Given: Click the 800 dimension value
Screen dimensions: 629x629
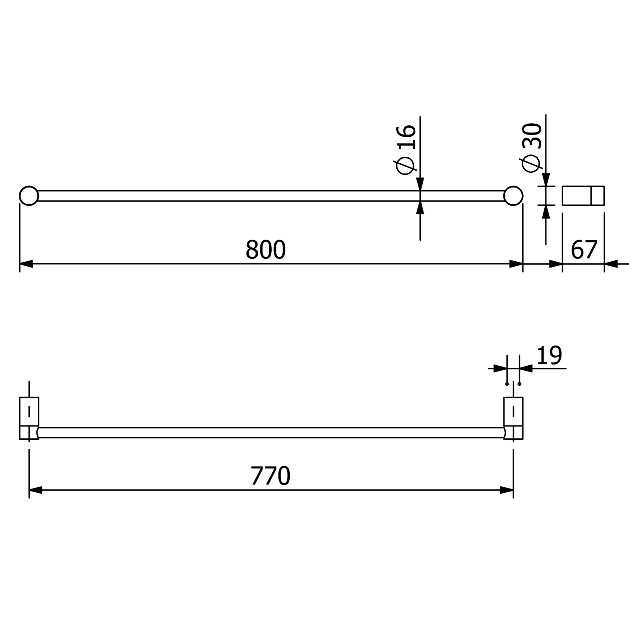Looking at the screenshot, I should (265, 250).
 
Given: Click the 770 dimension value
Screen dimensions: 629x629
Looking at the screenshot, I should (270, 476).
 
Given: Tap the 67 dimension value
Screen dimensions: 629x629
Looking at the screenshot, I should (584, 250).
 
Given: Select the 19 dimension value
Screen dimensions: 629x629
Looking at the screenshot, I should (549, 356).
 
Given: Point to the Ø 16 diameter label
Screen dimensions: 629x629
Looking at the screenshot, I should (405, 149).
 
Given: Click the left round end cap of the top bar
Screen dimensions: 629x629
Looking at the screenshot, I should (29, 196).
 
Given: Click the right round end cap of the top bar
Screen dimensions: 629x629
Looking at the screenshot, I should (513, 196).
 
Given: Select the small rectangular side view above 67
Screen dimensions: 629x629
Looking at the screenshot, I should (583, 195).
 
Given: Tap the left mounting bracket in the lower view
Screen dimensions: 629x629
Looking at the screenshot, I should (29, 418).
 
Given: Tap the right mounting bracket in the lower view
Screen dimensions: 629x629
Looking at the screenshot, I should (513, 418).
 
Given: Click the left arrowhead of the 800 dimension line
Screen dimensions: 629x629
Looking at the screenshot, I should (26, 264).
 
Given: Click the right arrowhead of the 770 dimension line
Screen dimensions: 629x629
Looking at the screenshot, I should (507, 490).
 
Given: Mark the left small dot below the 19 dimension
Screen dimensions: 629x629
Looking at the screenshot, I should (507, 384).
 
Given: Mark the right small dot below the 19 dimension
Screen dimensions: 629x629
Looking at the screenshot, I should (520, 384).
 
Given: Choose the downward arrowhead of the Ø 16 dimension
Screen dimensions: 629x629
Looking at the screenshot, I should (420, 184).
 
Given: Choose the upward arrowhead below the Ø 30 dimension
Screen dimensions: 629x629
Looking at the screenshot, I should (546, 212).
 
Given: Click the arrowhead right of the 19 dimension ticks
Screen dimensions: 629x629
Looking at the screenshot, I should (526, 369).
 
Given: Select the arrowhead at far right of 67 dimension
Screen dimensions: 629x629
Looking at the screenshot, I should (611, 264).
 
